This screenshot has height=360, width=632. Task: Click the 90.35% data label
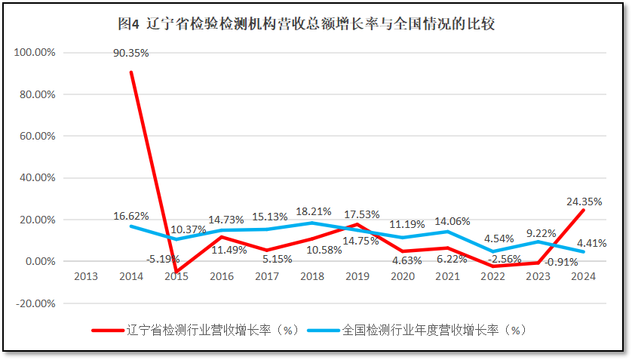tap(130, 53)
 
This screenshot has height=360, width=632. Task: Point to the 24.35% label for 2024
tap(583, 202)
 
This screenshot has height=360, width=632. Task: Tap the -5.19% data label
tap(162, 259)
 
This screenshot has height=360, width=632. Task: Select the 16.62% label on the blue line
tap(130, 215)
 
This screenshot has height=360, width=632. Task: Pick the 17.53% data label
tap(361, 214)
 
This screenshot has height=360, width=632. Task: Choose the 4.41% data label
tap(591, 242)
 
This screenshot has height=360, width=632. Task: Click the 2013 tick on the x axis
tap(85, 276)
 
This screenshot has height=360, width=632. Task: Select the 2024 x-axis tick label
tap(583, 276)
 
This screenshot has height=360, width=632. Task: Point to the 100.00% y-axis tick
tap(35, 53)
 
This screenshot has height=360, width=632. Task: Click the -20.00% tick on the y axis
tap(35, 303)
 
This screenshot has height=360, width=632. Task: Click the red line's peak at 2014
tap(131, 72)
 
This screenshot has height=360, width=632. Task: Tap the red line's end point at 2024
tap(583, 211)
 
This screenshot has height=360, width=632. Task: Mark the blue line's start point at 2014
tap(131, 226)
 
